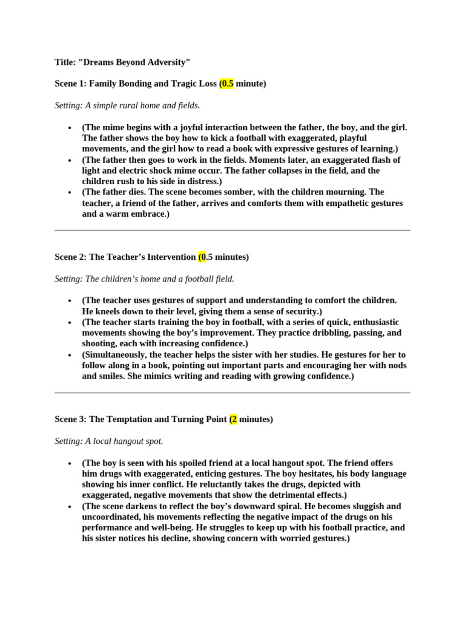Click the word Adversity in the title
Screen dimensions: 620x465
pyautogui.click(x=167, y=62)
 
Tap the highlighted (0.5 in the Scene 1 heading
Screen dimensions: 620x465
pyautogui.click(x=226, y=84)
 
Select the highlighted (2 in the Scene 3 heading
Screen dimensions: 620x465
pyautogui.click(x=233, y=419)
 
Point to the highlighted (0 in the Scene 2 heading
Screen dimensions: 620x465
pyautogui.click(x=202, y=257)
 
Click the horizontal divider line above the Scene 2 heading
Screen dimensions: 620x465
pyautogui.click(x=232, y=230)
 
